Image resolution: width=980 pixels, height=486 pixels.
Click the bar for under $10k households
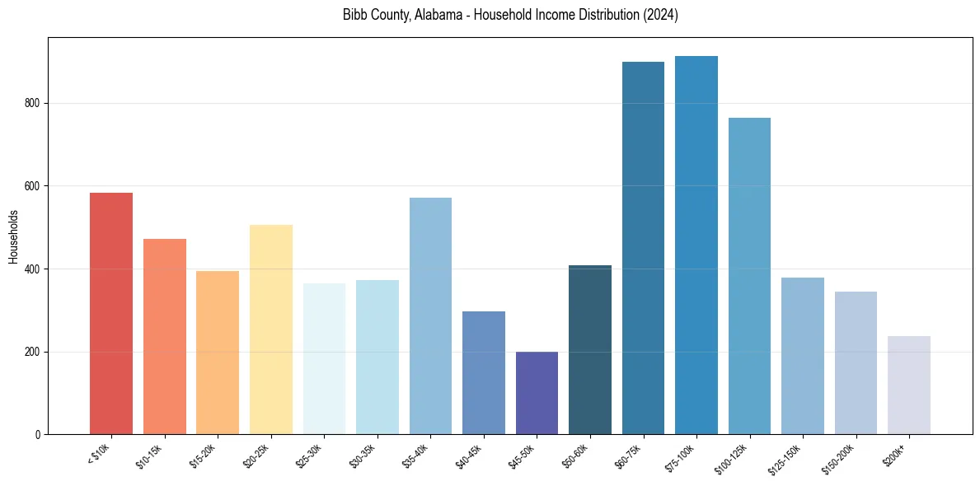click(x=110, y=313)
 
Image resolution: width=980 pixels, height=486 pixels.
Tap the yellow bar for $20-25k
click(x=270, y=329)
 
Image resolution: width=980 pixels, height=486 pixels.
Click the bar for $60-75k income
click(x=643, y=248)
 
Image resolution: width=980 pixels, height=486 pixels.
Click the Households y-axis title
click(x=13, y=236)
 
